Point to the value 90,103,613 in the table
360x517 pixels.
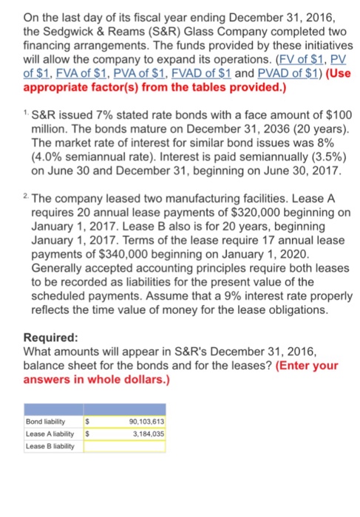(x=141, y=422)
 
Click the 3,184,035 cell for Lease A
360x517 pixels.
(x=145, y=434)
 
